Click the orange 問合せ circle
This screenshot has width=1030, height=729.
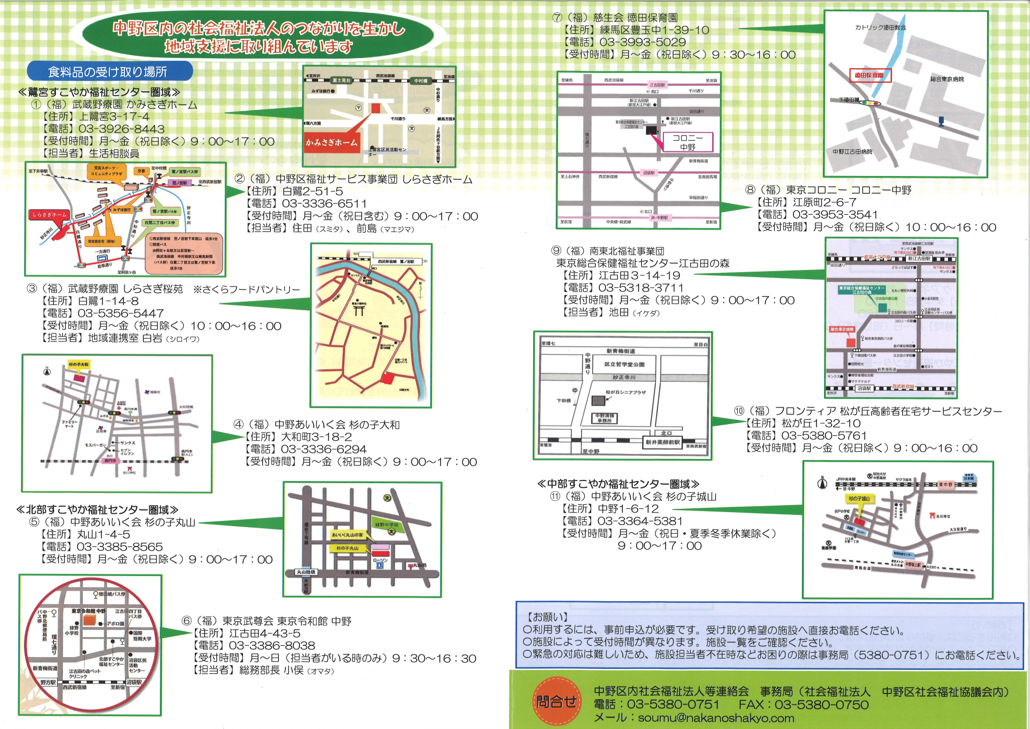tap(556, 701)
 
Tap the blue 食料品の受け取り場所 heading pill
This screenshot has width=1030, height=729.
tap(109, 71)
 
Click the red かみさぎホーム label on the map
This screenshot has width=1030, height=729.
tap(332, 142)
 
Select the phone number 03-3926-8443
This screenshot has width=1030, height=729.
tap(121, 129)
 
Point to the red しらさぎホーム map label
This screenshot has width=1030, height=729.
tap(49, 215)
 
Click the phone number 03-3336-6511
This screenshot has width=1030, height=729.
tap(325, 204)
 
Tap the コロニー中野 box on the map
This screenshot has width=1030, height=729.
tap(687, 142)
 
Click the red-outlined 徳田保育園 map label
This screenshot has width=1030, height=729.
tap(870, 76)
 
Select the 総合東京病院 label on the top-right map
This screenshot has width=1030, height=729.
tap(947, 79)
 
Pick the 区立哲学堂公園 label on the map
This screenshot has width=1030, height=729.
tap(624, 364)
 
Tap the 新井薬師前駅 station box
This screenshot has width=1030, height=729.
tap(663, 442)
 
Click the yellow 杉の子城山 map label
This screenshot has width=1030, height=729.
tap(859, 499)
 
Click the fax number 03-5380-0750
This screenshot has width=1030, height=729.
tap(821, 705)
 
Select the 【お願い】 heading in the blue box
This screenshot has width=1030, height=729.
tap(547, 617)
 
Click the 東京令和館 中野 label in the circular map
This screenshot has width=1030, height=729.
tap(89, 611)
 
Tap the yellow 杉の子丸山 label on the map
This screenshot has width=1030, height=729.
tap(347, 548)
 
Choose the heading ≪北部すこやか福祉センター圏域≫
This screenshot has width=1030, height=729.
tap(97, 509)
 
